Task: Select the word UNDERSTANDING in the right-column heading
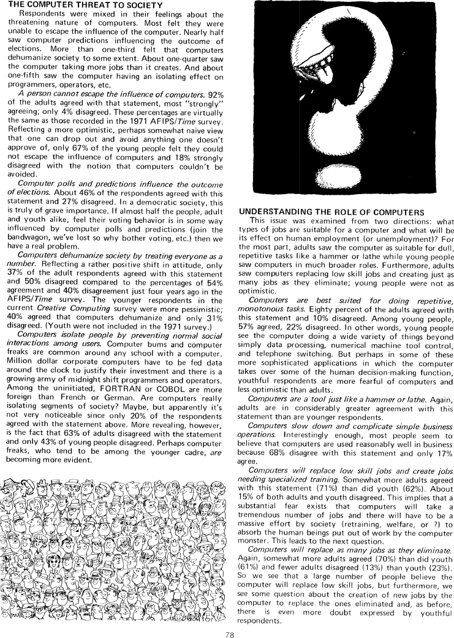[278, 211]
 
